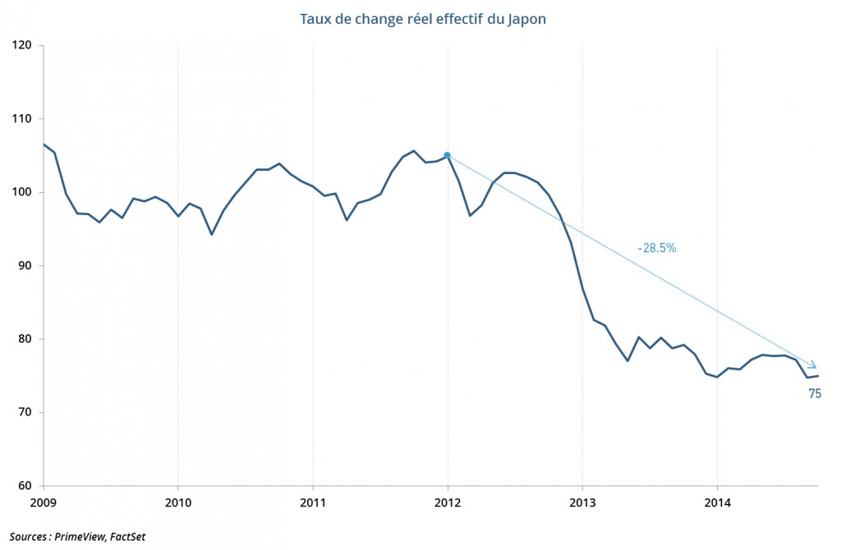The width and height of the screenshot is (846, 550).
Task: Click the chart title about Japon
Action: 422,18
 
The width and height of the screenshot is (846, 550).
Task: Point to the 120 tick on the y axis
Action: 23,46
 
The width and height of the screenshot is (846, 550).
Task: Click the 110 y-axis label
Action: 23,119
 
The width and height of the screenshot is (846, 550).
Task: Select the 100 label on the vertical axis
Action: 23,192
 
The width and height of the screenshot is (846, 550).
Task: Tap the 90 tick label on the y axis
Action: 26,266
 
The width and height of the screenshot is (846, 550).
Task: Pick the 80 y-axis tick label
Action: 26,339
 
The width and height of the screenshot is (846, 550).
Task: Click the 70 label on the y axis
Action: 26,412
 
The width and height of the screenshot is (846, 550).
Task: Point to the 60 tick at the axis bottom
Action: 26,485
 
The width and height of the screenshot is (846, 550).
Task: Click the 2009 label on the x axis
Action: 43,501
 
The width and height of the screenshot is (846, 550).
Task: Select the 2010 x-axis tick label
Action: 177,501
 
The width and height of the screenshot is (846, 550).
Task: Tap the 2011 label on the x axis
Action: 313,501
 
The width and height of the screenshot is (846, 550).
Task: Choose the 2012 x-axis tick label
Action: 448,501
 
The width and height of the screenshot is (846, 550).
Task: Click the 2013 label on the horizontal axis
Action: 582,501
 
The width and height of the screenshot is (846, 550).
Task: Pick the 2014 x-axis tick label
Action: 717,501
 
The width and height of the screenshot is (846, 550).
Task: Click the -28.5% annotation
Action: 656,248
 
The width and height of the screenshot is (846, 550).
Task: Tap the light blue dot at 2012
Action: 448,155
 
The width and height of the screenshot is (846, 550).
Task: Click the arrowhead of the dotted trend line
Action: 812,365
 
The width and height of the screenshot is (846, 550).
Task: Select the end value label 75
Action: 815,394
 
